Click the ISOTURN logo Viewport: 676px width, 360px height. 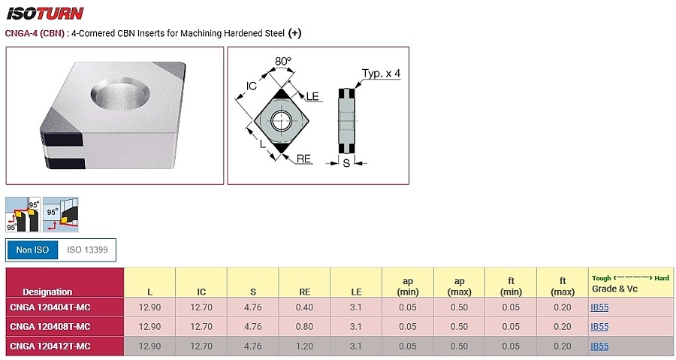[x=45, y=14]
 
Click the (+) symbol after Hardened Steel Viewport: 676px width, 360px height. [x=295, y=33]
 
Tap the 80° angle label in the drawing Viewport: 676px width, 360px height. [x=283, y=61]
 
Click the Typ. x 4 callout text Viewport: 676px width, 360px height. [x=381, y=74]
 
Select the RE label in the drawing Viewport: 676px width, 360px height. [x=303, y=159]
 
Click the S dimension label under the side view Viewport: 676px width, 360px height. [x=346, y=163]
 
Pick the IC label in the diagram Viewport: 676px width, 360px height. [x=252, y=86]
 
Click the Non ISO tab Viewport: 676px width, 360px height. [x=32, y=250]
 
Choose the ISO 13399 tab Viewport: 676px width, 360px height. [x=87, y=250]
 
